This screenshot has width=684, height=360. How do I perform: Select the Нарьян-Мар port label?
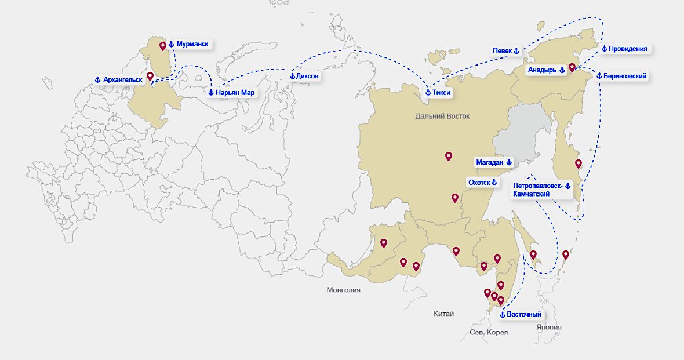click(231, 92)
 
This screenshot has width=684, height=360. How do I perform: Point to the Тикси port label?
click(438, 93)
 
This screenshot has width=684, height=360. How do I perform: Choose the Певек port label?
click(506, 51)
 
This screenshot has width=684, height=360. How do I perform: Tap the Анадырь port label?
click(545, 70)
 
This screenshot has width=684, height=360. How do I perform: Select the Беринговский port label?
click(621, 76)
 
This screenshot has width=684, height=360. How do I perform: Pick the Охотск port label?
click(483, 182)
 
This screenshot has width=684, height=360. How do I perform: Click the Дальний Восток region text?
click(442, 117)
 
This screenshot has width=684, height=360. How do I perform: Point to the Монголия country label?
click(343, 290)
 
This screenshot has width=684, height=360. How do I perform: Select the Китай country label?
click(443, 314)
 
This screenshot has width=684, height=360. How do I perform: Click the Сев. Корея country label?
click(489, 332)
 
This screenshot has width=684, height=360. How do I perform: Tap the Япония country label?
click(548, 327)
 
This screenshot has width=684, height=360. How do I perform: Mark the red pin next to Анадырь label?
click(572, 67)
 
